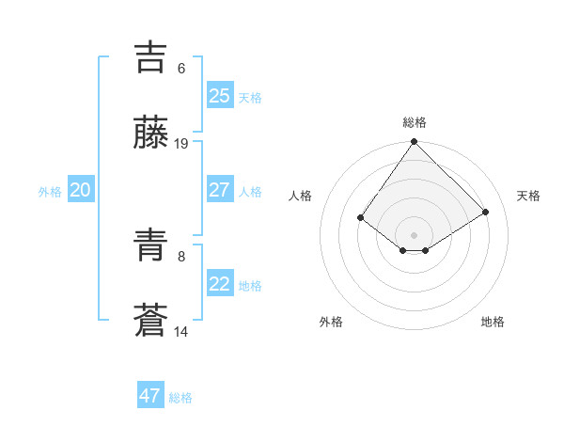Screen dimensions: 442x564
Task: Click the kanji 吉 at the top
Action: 150,56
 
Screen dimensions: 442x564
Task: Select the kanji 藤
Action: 150,133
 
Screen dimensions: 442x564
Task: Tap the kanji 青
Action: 150,245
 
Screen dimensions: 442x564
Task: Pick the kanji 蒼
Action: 150,321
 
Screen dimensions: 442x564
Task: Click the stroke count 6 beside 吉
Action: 181,69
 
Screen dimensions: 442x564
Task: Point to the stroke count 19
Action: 181,144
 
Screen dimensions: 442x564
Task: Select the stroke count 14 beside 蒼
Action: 181,332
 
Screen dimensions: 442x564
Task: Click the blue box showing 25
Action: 219,96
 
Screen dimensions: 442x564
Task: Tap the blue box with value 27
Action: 219,190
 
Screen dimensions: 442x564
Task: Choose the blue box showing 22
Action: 219,284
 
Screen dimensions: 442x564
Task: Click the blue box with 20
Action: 80,190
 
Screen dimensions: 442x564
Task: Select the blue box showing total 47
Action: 150,396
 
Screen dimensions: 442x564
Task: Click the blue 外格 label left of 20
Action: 50,192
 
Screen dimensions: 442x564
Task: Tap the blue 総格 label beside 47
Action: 181,398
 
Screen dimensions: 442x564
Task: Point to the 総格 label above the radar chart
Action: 415,122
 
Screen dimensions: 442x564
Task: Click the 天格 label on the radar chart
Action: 528,196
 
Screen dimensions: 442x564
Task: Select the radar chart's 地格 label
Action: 493,322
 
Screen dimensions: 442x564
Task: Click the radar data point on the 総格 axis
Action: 415,143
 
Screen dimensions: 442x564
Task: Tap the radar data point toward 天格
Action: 486,212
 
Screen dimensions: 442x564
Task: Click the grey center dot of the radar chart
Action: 415,234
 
